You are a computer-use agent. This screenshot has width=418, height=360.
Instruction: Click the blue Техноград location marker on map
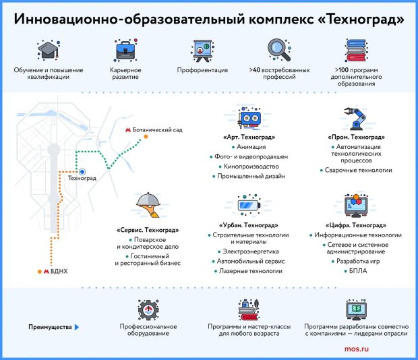click(82, 172)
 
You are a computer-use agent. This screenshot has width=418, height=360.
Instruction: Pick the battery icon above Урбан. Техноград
click(248, 204)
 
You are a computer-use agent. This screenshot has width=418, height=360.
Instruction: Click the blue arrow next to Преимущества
click(76, 326)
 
